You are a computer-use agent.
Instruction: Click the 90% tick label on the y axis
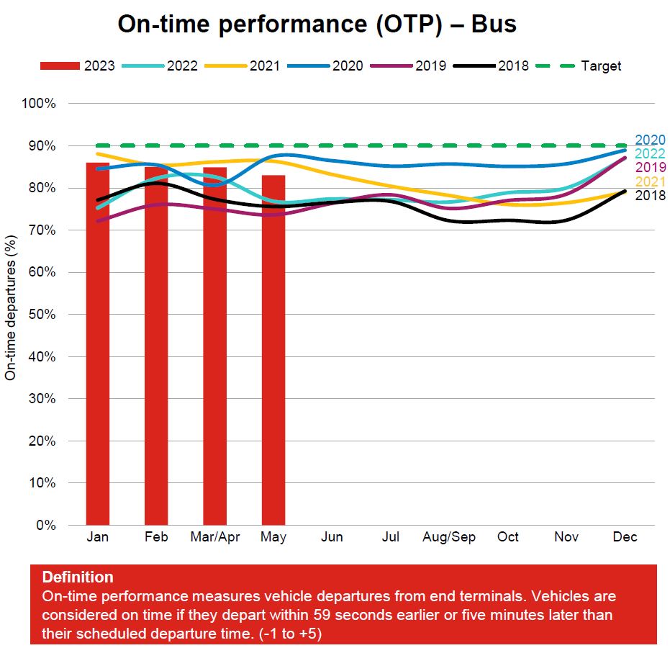42,145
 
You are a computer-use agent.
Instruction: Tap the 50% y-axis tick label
42,314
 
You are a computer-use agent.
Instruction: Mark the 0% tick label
45,525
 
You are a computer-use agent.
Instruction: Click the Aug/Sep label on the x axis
449,538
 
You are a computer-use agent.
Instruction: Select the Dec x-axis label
625,538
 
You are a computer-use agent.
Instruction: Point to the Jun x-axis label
332,538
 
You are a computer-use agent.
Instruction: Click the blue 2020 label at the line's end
650,140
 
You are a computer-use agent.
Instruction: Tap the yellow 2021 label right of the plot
650,181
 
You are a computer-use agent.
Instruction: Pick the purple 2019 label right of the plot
650,168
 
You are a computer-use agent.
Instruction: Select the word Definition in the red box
78,577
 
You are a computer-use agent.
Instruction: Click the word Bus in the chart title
494,24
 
